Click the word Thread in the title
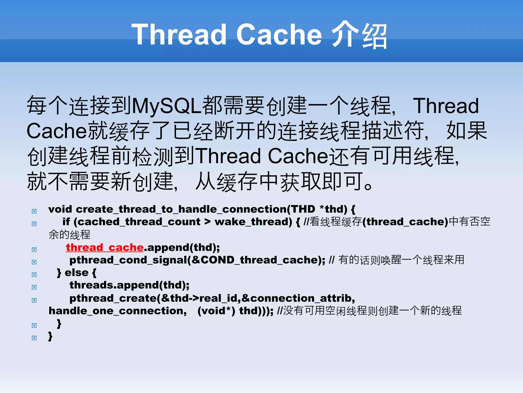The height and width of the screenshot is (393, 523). coord(179,35)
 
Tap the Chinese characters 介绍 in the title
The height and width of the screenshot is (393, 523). coord(359,35)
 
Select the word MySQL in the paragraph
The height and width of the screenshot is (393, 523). coord(167,106)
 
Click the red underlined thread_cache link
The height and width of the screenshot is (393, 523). coord(104,248)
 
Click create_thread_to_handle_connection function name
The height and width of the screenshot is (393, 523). coord(181,209)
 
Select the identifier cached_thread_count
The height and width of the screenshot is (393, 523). coord(139,222)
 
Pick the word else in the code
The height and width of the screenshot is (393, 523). coord(77,273)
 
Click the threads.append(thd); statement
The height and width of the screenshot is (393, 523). coord(129,285)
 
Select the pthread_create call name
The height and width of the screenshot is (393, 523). coord(113,298)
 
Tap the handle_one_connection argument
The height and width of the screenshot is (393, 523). coord(118,311)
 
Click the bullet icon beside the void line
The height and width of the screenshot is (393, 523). coord(34,211)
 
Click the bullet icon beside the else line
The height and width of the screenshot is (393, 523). coord(34,275)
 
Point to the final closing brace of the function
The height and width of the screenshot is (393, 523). coord(50,336)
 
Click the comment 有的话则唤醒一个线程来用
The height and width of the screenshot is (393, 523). coord(401,260)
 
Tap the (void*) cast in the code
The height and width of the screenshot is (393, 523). coord(216,311)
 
